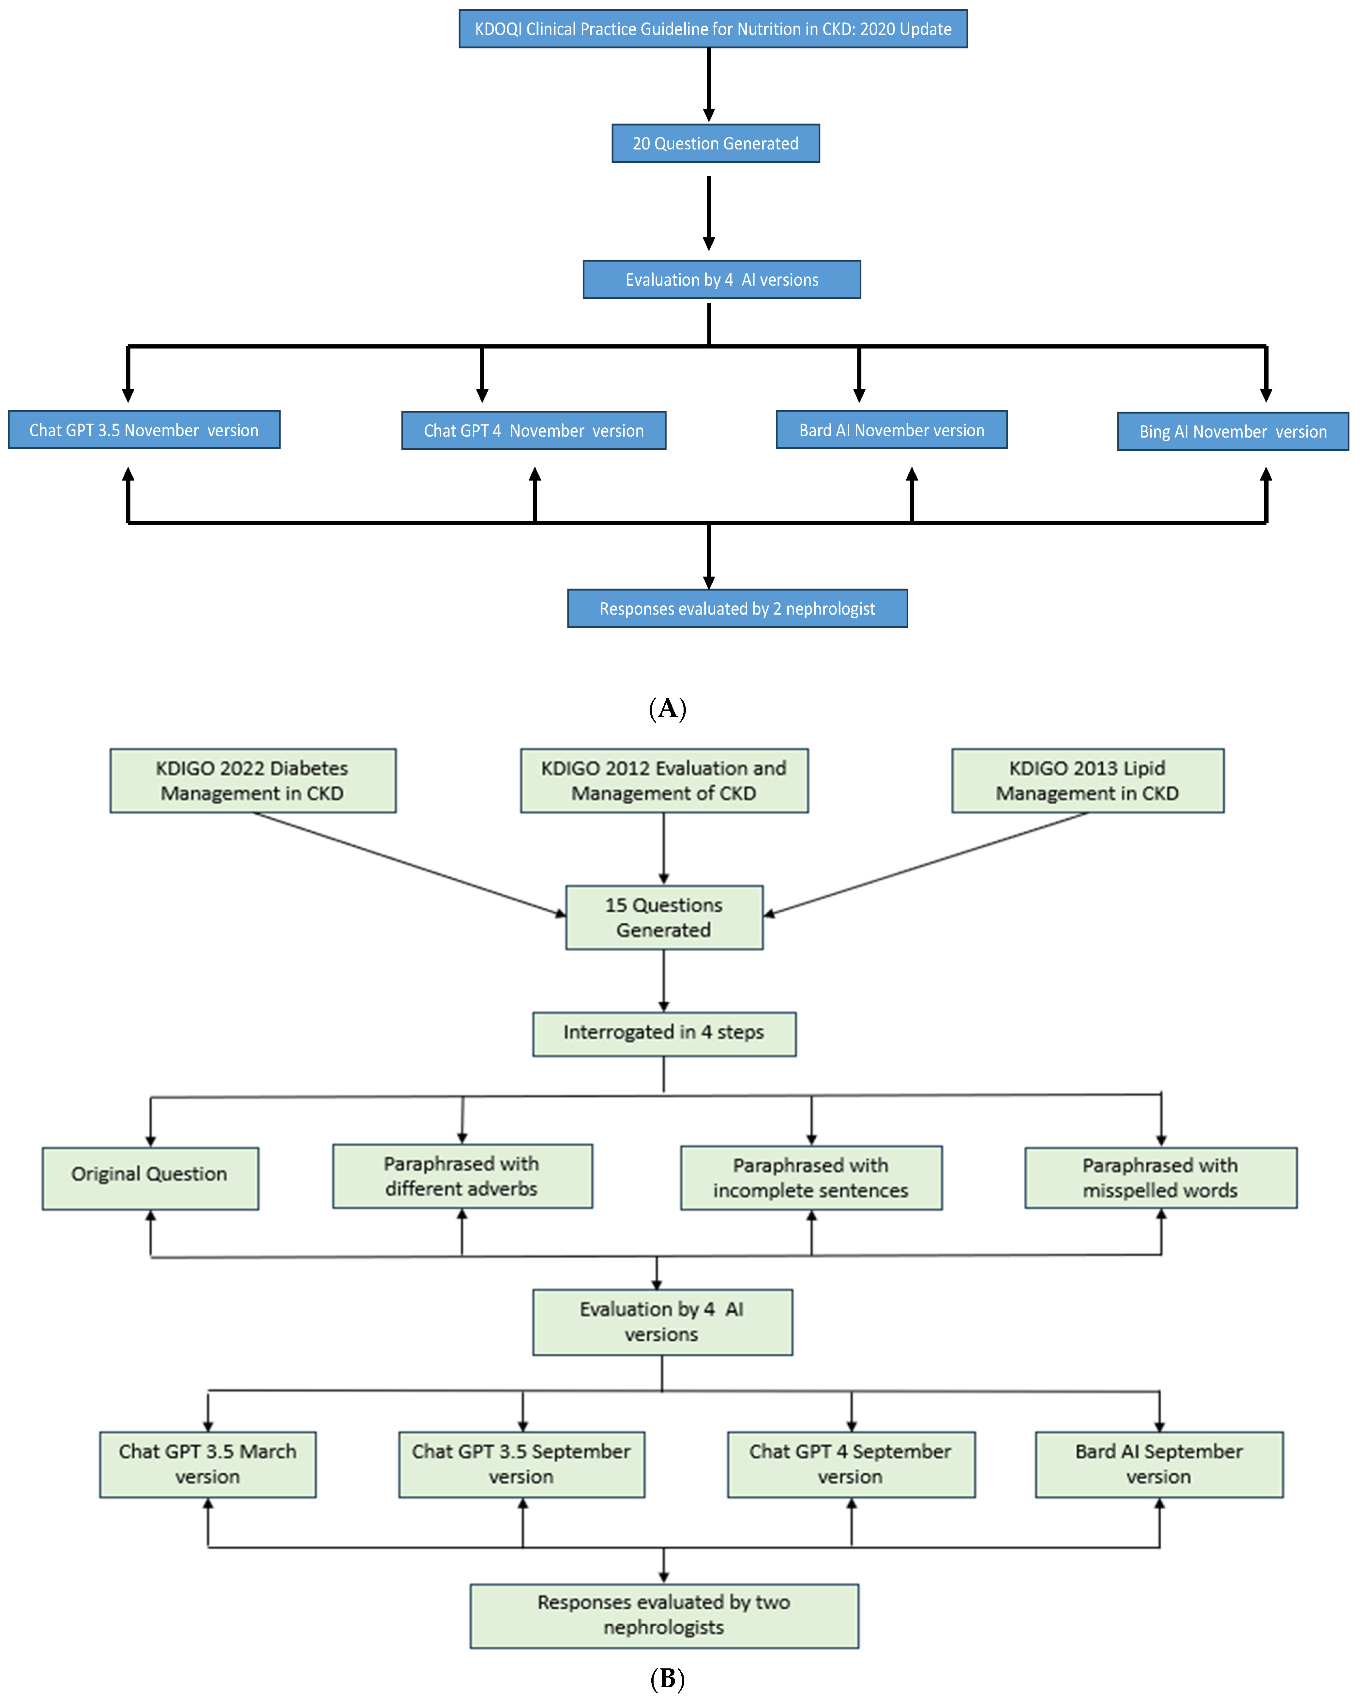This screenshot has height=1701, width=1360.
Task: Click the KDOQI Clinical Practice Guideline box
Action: pos(713,29)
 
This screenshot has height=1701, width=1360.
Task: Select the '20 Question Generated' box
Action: pos(715,143)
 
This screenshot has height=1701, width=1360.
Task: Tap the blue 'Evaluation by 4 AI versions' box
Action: pos(721,280)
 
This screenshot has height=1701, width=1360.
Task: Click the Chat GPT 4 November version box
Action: pos(534,431)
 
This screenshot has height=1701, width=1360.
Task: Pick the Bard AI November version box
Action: pos(891,430)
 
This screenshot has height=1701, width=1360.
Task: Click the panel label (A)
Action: pos(667,708)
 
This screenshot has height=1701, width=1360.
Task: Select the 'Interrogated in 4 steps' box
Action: pos(664,1033)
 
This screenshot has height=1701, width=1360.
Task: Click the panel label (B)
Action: pos(667,1680)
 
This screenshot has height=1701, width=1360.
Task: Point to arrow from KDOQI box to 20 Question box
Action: pos(709,85)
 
